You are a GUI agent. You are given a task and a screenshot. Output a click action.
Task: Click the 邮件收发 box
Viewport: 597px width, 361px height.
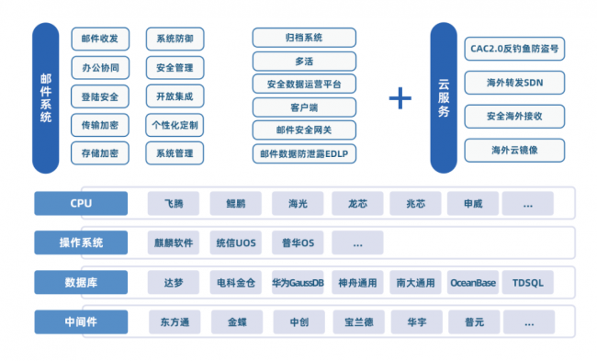[x=100, y=39]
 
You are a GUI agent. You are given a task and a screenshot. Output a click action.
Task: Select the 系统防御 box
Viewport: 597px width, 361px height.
[x=175, y=39]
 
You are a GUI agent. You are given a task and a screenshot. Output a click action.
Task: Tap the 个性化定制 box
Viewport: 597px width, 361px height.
[x=175, y=125]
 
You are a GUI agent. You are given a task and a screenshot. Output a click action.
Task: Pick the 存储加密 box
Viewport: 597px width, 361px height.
[x=100, y=153]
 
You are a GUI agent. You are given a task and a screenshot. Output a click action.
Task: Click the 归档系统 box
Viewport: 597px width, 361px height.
[x=304, y=38]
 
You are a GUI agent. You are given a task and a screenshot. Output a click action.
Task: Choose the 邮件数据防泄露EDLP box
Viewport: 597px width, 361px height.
[x=304, y=153]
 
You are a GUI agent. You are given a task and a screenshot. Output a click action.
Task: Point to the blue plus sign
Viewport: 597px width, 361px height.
[x=400, y=98]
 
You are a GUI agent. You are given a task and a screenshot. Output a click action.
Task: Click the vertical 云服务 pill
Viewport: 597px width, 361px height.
[x=444, y=98]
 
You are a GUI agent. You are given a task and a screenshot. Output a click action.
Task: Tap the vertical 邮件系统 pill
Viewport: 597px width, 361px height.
[x=46, y=98]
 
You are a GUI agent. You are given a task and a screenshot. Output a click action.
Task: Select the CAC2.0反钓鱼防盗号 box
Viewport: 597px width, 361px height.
[x=514, y=49]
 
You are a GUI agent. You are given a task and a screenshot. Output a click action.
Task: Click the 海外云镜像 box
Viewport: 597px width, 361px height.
[x=514, y=151]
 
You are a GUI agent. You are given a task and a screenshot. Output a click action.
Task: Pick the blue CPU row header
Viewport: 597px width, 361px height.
[x=81, y=203]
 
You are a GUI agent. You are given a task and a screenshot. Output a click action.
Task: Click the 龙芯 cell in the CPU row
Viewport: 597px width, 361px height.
[x=357, y=204]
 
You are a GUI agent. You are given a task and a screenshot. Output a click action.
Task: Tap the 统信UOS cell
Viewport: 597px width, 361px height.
[x=236, y=243]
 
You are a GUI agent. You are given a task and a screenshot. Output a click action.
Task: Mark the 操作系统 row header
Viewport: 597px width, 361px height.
[x=81, y=243]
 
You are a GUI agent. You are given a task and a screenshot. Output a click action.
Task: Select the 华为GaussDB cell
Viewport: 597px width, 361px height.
[x=298, y=283]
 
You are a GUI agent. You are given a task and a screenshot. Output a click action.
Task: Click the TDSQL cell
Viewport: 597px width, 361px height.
[x=528, y=283]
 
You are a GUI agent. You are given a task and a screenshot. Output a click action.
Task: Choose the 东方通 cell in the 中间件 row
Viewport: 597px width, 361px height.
[x=175, y=322]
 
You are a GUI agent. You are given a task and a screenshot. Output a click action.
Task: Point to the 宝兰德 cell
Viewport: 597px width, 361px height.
[x=358, y=322]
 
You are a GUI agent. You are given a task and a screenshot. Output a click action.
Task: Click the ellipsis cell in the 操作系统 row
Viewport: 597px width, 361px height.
[x=357, y=243]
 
